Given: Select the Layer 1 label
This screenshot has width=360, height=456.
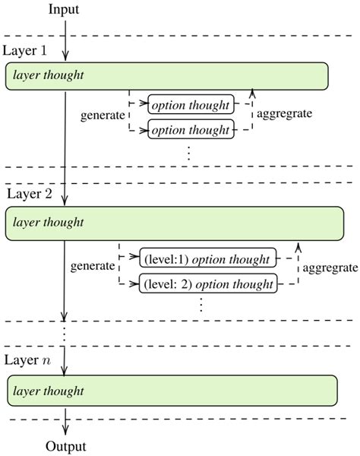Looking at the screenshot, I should pos(26,49).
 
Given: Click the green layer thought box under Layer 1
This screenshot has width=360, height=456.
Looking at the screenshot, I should pos(167,75).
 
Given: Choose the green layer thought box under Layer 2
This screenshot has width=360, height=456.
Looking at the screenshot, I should pos(175,223).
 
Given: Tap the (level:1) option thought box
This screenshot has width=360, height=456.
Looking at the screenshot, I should pos(206,258).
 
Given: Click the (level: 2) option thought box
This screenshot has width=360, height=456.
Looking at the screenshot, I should pos(207,285).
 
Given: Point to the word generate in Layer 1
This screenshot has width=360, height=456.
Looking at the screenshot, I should pos(102,117).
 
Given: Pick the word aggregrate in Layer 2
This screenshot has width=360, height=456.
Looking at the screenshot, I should pos(330,268).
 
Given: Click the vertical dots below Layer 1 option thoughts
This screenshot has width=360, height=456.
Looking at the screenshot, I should pos(189,151).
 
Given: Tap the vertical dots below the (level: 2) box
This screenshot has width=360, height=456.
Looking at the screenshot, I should pos(202,305).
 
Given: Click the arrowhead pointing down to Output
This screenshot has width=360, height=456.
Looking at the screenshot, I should pos(65,430).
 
